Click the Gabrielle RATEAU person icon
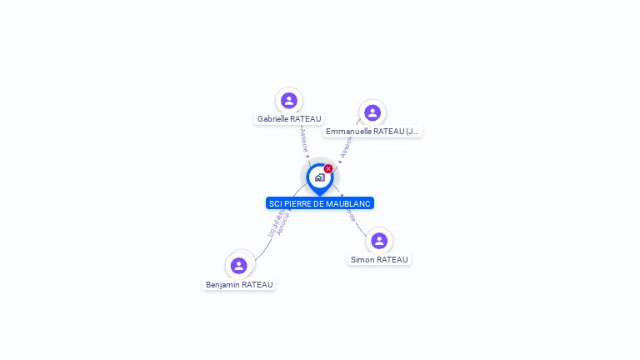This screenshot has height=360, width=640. click(289, 101)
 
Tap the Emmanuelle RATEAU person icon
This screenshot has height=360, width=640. click(372, 112)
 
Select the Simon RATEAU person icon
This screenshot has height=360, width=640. click(379, 241)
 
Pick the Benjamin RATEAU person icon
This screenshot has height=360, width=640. click(239, 266)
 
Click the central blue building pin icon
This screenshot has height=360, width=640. click(319, 177)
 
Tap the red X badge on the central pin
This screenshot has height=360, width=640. click(328, 169)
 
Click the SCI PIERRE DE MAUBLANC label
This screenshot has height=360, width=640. click(320, 203)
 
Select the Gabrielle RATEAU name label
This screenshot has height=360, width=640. click(289, 119)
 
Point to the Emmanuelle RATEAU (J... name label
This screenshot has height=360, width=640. click(372, 132)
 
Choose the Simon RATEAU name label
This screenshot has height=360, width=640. click(379, 260)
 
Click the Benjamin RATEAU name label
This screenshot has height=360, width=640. click(239, 285)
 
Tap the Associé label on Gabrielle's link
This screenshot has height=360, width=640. click(304, 140)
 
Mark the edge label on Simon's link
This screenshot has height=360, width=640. click(352, 213)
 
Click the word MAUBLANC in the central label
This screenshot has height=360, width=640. click(348, 203)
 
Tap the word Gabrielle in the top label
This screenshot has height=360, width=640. click(273, 119)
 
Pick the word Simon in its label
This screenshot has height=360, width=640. click(362, 260)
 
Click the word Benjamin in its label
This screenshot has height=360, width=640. click(223, 285)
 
